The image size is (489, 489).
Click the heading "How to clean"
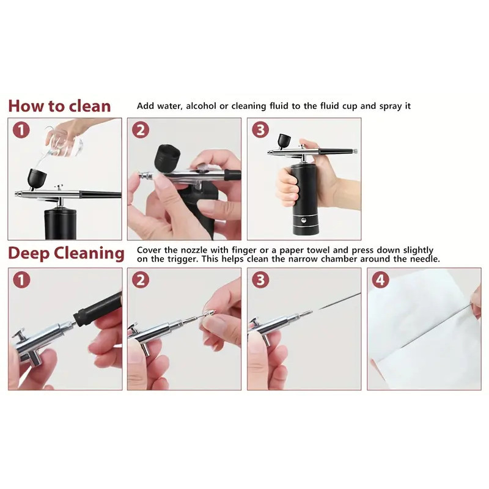click(59, 106)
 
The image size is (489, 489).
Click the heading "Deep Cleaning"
click(66, 253)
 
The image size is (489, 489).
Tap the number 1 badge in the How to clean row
click(21, 130)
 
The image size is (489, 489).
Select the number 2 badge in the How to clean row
click(141, 130)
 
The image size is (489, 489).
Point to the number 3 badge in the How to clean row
click(260, 130)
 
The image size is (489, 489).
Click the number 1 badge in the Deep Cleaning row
click(21, 280)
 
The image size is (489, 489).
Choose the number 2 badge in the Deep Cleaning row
click(141, 280)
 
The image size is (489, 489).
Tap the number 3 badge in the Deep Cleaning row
click(260, 280)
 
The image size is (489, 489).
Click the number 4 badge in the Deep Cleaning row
click(380, 280)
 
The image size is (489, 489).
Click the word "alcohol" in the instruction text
click(201, 106)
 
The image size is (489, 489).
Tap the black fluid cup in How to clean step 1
click(37, 178)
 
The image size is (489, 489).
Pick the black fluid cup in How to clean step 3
click(284, 141)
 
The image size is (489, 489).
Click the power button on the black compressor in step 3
click(303, 221)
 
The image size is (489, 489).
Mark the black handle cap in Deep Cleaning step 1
click(98, 309)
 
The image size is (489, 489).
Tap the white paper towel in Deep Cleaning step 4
click(424, 331)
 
